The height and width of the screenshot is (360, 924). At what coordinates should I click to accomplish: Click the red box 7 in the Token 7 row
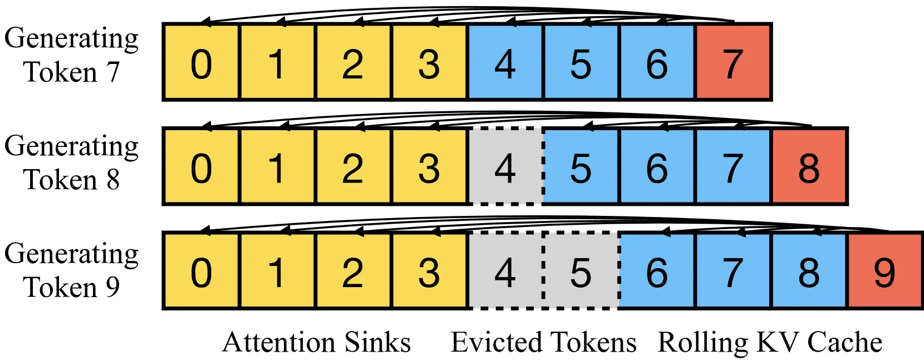coord(734,62)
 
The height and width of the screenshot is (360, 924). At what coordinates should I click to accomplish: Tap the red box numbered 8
coord(810,166)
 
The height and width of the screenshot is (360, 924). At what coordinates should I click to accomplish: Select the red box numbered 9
coord(886,270)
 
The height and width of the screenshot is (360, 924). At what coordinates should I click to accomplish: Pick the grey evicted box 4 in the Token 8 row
coord(506,166)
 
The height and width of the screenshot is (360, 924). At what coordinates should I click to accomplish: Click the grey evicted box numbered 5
coord(582,270)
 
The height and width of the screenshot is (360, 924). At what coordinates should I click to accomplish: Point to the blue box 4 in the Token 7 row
coord(506,62)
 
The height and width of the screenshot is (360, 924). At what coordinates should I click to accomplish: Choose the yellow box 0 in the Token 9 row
coord(201,270)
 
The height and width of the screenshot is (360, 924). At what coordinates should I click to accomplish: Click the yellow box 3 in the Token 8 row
coord(429,166)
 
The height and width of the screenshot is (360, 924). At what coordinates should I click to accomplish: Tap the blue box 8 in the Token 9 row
coord(810,270)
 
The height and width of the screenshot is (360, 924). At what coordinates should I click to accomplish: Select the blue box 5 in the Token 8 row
coord(582,166)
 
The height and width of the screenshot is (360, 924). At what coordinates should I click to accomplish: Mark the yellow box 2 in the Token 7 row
coord(353,62)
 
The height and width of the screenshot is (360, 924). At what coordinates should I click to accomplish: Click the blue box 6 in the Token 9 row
coord(657,270)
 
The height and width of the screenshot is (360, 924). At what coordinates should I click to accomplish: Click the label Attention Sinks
coord(316,342)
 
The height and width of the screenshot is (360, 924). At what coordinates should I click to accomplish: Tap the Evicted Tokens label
coord(544,342)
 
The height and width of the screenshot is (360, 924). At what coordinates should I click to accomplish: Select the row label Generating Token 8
coord(71,163)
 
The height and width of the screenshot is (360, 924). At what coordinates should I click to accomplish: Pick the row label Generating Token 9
coord(71,270)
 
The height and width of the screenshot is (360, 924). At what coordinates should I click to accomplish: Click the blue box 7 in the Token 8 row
coord(734,166)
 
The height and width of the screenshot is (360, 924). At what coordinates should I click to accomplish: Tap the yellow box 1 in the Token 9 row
coord(277,270)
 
